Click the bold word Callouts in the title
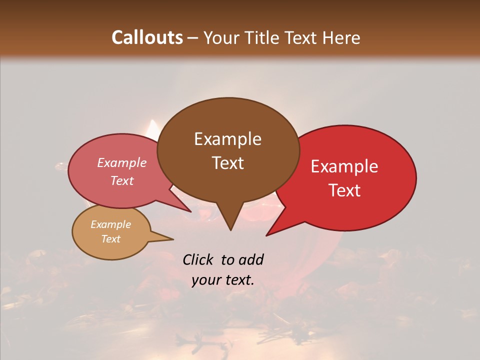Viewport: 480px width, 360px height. [x=147, y=37]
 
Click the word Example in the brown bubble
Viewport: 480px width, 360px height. [x=227, y=139]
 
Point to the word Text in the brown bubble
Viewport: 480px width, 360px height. [x=227, y=162]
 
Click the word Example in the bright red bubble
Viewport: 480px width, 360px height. [x=344, y=166]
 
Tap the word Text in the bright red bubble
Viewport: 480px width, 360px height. [x=344, y=190]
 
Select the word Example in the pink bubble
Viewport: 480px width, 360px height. [x=121, y=162]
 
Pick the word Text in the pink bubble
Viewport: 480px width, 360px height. [x=121, y=180]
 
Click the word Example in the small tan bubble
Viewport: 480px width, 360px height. [x=110, y=224]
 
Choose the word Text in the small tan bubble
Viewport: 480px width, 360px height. [x=110, y=239]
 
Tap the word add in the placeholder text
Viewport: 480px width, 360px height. [x=251, y=260]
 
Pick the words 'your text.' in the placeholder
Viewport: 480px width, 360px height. [x=223, y=280]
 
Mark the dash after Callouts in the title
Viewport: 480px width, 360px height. [x=193, y=37]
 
